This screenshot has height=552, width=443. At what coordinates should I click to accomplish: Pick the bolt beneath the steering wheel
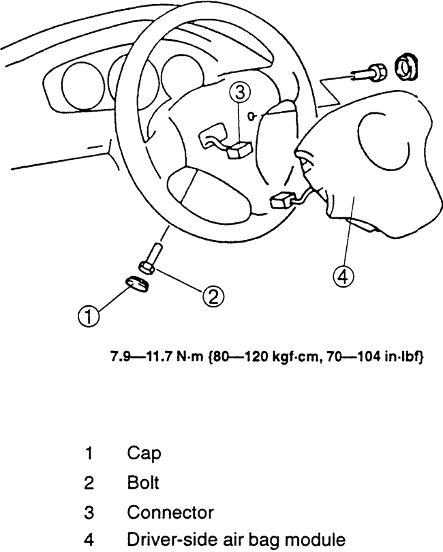(150, 260)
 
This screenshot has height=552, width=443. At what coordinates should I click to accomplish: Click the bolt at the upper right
(371, 70)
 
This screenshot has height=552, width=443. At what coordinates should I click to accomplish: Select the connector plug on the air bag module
(283, 200)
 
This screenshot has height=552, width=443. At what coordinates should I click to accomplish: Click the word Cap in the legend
(144, 453)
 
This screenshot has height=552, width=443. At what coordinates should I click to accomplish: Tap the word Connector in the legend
(170, 512)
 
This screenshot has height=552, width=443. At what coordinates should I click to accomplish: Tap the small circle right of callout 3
(253, 116)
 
